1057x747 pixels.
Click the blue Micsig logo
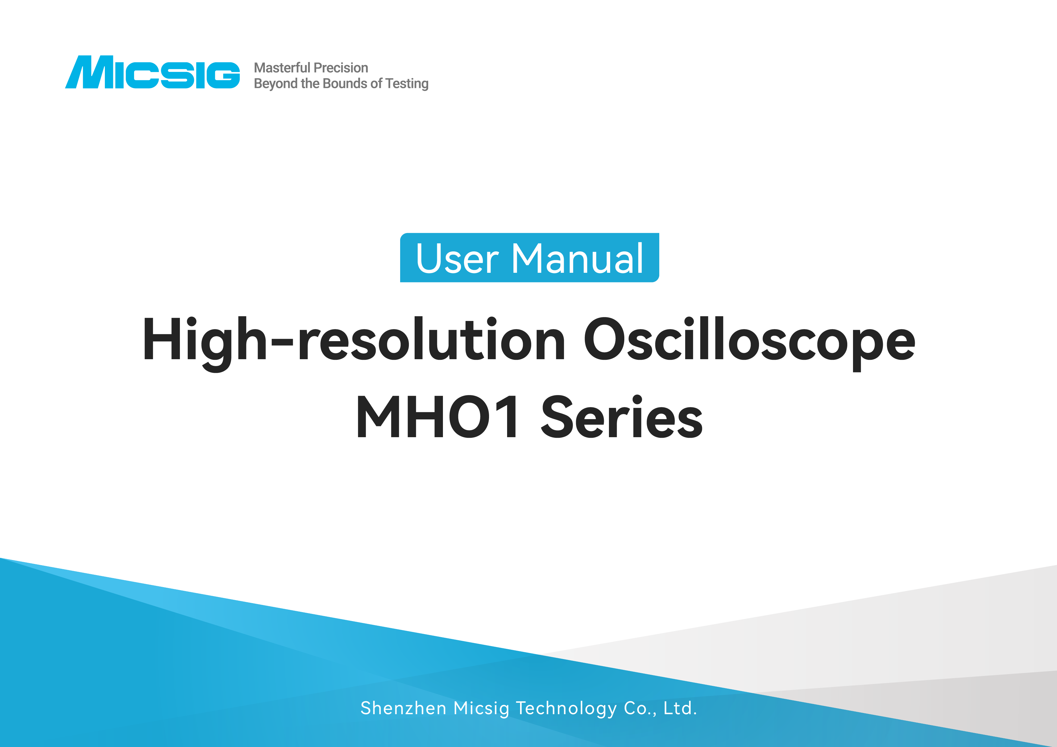point(152,72)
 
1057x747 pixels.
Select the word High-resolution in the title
point(353,341)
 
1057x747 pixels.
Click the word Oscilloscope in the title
point(749,341)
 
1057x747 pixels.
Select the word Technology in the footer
point(566,708)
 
